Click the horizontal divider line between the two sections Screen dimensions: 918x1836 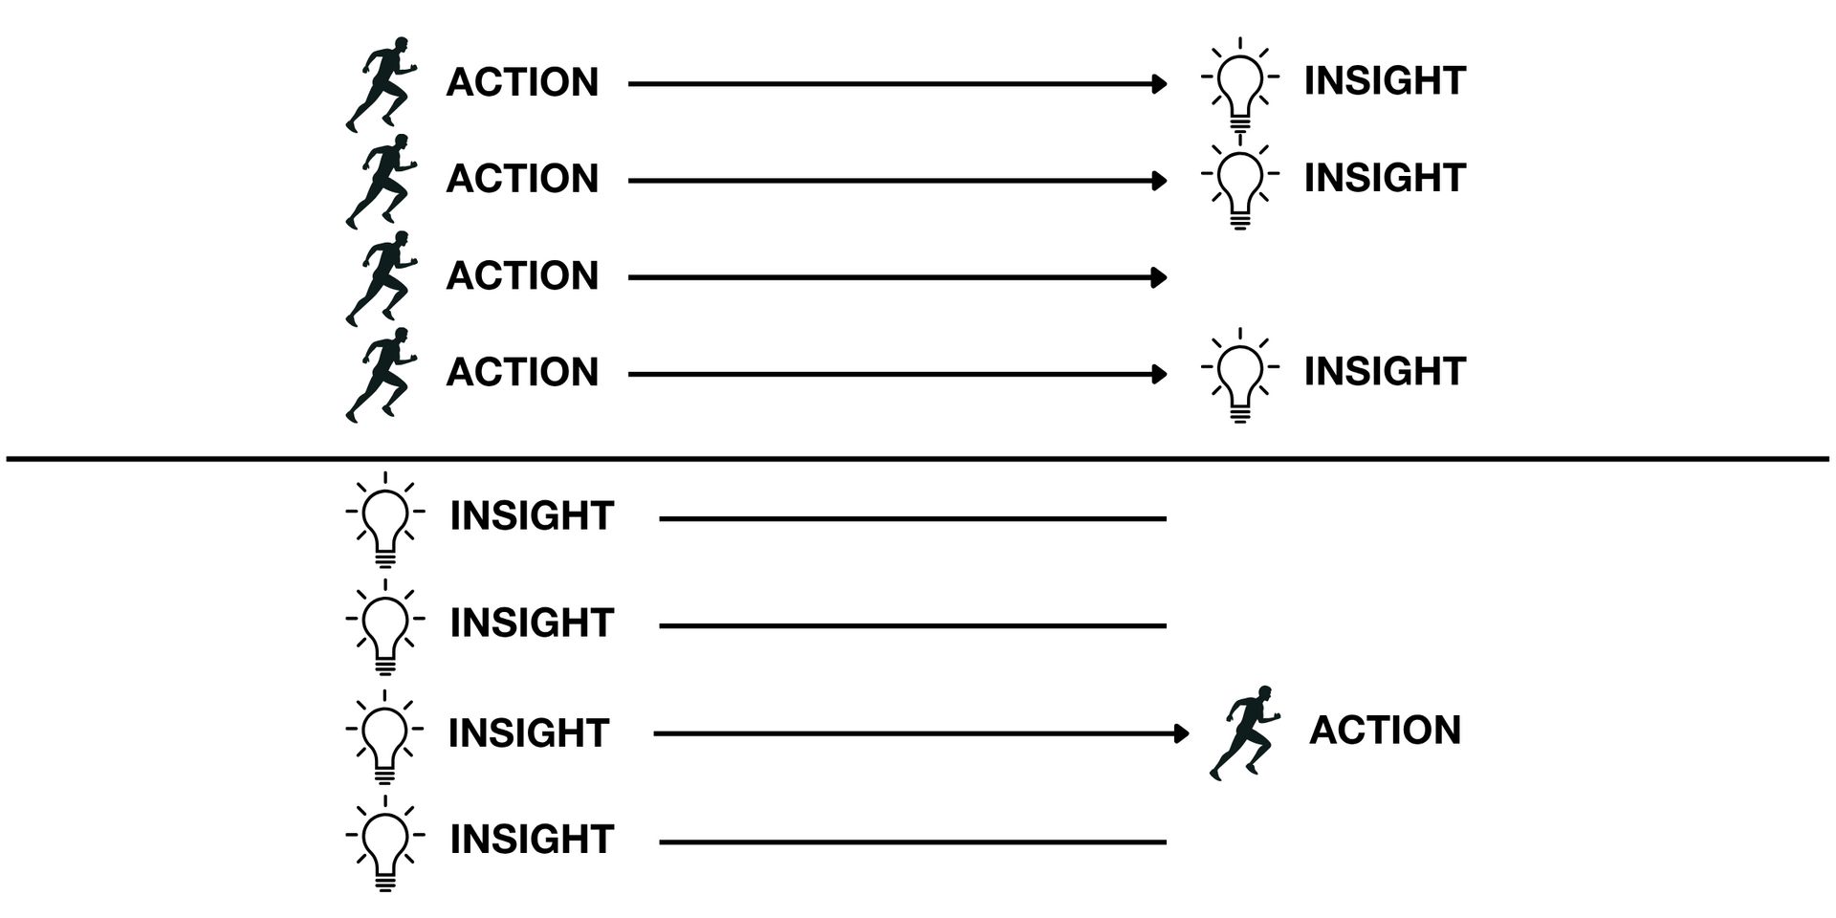pos(918,459)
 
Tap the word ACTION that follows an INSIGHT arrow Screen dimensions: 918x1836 pos(1385,731)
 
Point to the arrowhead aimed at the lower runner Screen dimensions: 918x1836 pos(1183,733)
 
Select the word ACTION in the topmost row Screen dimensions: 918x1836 pos(522,82)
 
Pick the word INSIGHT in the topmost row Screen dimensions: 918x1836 pos(1385,81)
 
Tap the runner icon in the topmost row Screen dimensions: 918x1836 pos(382,84)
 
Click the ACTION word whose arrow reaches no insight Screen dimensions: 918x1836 pos(522,275)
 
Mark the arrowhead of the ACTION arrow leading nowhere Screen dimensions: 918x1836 pos(1160,277)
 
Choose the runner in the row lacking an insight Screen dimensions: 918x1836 pos(382,278)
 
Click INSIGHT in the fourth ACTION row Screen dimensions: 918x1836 pos(1385,371)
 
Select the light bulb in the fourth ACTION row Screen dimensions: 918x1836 pos(1239,374)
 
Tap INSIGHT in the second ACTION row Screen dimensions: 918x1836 pos(1385,178)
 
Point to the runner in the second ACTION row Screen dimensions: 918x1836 pos(382,181)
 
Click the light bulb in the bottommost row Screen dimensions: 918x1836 pos(384,843)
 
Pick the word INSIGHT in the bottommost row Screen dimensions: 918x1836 pos(531,840)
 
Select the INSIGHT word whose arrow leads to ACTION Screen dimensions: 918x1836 pos(528,733)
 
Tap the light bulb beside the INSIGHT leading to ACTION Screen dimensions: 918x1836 pos(384,736)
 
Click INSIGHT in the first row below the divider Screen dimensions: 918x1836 pos(531,516)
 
